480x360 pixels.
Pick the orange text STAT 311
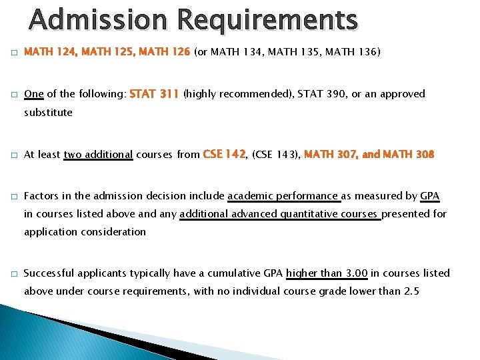coord(155,94)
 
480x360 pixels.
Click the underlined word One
coord(33,94)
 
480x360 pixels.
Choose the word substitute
coord(48,112)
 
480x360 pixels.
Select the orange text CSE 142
coord(224,154)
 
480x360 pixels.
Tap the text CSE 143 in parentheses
coord(275,155)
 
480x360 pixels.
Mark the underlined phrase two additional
coord(98,155)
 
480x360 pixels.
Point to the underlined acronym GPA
coord(430,196)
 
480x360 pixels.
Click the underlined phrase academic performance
coord(283,196)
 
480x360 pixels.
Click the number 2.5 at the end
coord(411,291)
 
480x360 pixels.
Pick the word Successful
coord(49,273)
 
